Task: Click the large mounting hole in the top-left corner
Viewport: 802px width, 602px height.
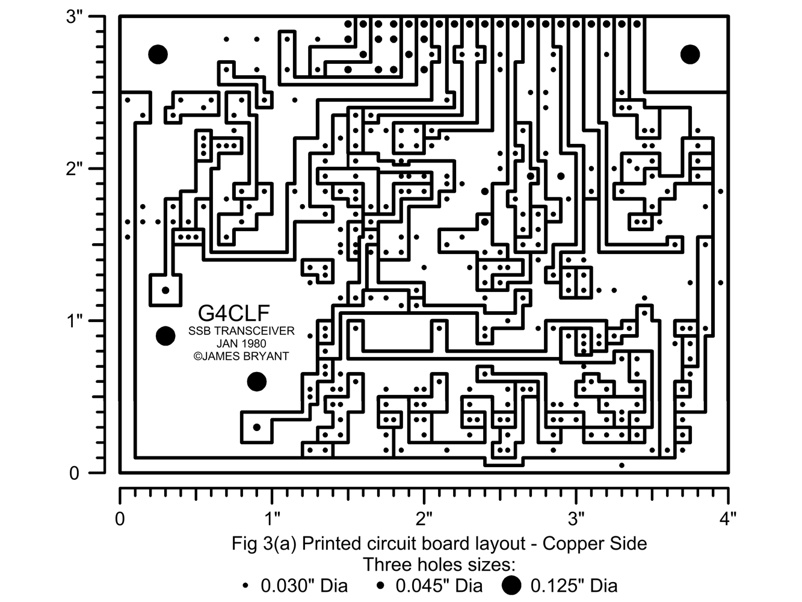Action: point(158,54)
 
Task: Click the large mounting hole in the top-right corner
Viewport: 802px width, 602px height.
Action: point(690,54)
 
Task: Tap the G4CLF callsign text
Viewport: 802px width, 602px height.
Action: point(234,312)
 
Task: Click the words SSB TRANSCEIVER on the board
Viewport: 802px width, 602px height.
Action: point(241,331)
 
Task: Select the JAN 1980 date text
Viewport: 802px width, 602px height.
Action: point(241,344)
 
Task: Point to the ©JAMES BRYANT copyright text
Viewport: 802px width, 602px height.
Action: point(241,356)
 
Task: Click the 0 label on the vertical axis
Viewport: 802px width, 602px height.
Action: point(74,473)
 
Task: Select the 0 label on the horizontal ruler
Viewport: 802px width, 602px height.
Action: point(120,518)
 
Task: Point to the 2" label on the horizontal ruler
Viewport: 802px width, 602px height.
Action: point(425,518)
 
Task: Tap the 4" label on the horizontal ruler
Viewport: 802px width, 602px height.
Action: point(729,518)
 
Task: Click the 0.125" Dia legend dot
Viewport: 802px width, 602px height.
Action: point(511,585)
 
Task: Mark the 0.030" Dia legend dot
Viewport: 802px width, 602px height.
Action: point(245,585)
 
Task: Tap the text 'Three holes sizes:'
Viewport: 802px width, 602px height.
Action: point(439,565)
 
